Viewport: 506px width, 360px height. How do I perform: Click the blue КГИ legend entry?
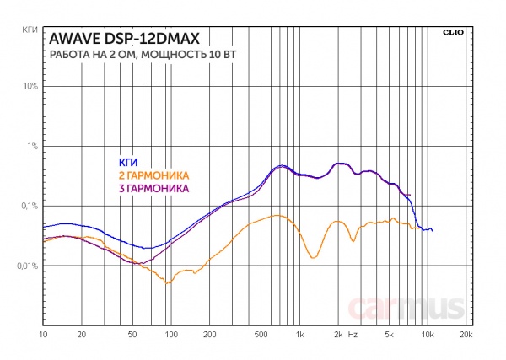tap(127, 162)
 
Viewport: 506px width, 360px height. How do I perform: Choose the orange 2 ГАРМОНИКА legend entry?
tap(152, 175)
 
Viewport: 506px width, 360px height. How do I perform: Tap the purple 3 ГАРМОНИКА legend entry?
tap(152, 187)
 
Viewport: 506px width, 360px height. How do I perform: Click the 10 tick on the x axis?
tap(43, 336)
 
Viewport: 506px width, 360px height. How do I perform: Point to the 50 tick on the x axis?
tap(132, 336)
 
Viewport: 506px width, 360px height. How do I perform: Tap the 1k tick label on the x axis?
tap(299, 336)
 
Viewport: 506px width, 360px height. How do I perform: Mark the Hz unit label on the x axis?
tap(353, 336)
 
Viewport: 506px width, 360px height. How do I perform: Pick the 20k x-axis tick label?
tap(465, 336)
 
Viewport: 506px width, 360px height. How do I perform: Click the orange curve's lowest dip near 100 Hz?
tap(170, 283)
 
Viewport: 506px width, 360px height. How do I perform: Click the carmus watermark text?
tap(409, 309)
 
